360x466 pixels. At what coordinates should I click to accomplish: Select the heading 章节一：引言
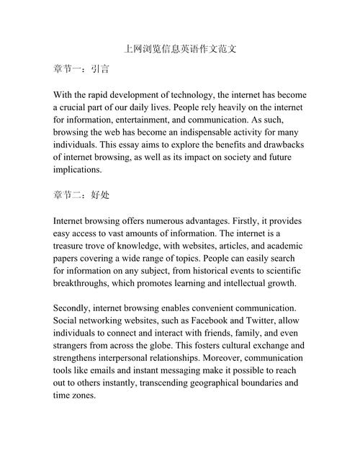pyautogui.click(x=81, y=71)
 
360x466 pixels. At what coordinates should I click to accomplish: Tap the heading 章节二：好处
pyautogui.click(x=81, y=194)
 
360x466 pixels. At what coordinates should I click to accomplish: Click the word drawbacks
pyautogui.click(x=280, y=145)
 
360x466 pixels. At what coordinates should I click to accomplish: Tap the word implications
pyautogui.click(x=78, y=170)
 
